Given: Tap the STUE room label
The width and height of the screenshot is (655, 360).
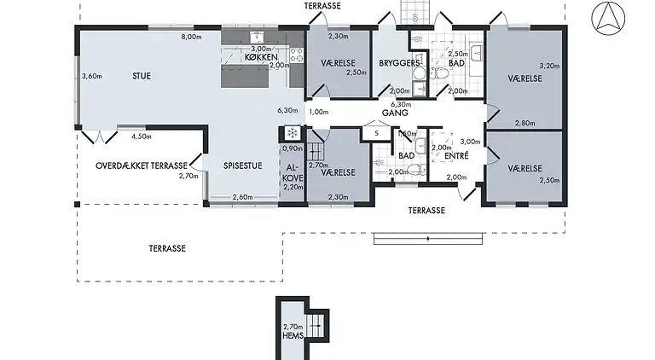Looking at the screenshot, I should (x=142, y=76).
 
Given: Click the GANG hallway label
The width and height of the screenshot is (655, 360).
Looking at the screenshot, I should (x=393, y=112).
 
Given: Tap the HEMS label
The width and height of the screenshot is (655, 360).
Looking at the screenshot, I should (x=294, y=334).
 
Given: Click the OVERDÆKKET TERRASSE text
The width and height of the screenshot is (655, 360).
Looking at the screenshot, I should (x=141, y=165).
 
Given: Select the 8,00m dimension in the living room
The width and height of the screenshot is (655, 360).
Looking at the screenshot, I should (x=191, y=37).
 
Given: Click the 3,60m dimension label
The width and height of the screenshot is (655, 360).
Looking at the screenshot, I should (x=92, y=77).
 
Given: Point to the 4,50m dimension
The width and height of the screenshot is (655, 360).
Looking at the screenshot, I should (x=142, y=136).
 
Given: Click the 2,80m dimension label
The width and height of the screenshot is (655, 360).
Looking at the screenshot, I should (x=526, y=123).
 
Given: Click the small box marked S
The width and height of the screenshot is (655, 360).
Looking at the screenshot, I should (x=376, y=133).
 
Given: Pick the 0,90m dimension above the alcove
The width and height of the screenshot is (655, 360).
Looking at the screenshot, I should (x=293, y=148).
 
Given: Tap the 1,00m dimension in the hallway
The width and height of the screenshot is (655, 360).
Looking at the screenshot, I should (x=318, y=112).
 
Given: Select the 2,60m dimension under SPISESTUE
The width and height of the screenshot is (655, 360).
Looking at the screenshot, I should (x=242, y=197).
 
